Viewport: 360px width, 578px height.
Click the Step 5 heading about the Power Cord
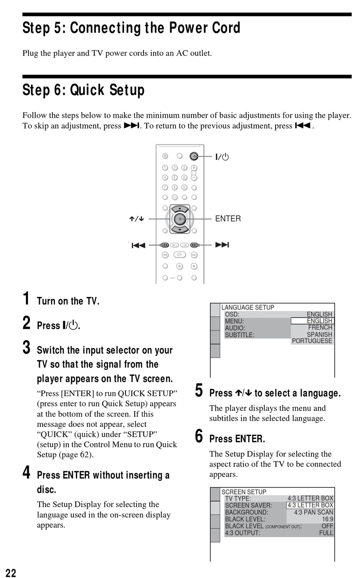coord(131,28)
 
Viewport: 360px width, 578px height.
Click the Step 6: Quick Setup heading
coord(83,90)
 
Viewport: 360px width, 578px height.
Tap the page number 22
coord(11,573)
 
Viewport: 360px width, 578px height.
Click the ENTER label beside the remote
coord(228,219)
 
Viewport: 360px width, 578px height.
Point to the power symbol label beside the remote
coord(222,157)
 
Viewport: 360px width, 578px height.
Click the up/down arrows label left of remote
coord(136,219)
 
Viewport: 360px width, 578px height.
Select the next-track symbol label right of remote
coord(222,245)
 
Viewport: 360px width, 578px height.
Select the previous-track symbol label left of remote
coord(138,245)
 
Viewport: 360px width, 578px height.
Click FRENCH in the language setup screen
coord(320,328)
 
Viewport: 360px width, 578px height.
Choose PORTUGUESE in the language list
coord(312,341)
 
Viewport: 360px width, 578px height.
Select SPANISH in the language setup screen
coord(319,334)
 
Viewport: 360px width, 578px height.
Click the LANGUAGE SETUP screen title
coord(247,308)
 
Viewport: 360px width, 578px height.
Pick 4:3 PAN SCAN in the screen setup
coord(313,512)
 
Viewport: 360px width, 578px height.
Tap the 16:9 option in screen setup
coord(327,519)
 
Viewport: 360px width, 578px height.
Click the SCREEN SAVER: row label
coord(248,505)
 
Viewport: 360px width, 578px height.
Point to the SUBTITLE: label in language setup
coord(239,335)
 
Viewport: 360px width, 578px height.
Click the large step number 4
coord(27,472)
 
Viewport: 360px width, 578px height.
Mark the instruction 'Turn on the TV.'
coord(68,301)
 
